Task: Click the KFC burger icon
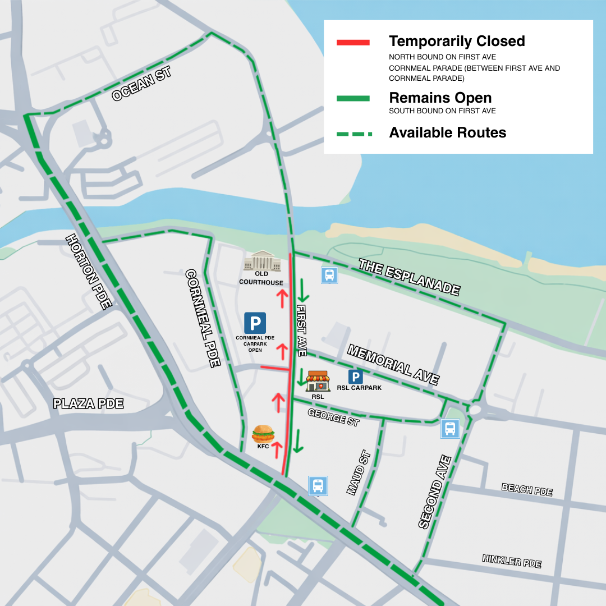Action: [x=263, y=434]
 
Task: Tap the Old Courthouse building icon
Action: [x=261, y=261]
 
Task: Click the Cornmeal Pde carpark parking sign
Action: [x=255, y=323]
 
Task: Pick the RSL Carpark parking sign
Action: [x=356, y=377]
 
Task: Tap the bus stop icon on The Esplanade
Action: [x=329, y=275]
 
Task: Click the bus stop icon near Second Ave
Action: [x=450, y=429]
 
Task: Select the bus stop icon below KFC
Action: [x=318, y=485]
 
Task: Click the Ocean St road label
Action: [x=141, y=84]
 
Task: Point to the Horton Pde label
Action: [x=89, y=272]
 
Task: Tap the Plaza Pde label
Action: [x=88, y=403]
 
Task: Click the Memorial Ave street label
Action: [x=393, y=365]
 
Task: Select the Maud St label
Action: [x=359, y=472]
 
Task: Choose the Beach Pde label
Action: [x=527, y=489]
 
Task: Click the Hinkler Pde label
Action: [x=511, y=561]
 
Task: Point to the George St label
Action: [x=333, y=417]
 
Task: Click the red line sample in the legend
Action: [x=352, y=42]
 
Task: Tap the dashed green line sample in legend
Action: [x=352, y=134]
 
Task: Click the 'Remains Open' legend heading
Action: [x=440, y=98]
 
